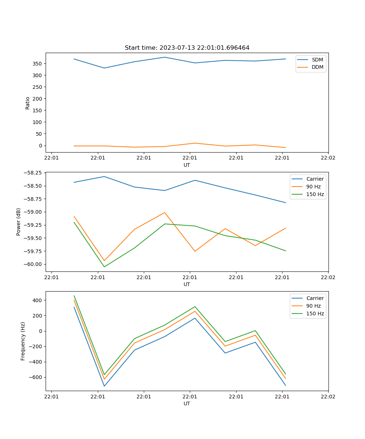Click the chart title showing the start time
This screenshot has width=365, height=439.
coord(187,48)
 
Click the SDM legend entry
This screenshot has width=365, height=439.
coord(317,60)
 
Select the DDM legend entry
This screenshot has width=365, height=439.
coord(317,67)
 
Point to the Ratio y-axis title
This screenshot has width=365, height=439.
coord(28,103)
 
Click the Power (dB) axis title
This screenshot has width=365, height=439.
coord(19,222)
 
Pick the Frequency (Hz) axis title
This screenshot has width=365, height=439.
coord(23,341)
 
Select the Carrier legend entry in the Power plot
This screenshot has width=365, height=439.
coord(315,179)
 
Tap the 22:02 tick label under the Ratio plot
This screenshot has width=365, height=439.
coord(328,158)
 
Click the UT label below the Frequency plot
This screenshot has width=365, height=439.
coord(187,404)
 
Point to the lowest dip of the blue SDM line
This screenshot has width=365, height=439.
coord(104,68)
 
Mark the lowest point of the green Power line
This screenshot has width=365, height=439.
coord(104,267)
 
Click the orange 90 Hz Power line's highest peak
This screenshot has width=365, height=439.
coord(165,213)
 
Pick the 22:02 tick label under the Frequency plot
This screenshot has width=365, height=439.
coord(328,397)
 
